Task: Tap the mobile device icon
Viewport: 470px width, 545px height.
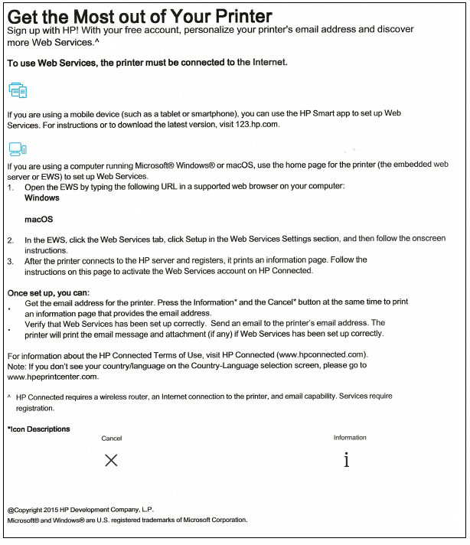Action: click(x=18, y=91)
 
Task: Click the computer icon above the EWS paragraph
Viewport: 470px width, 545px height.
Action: click(x=17, y=148)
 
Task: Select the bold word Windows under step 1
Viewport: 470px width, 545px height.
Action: click(x=42, y=197)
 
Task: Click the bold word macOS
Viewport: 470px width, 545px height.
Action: click(x=38, y=220)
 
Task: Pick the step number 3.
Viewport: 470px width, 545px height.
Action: click(x=10, y=260)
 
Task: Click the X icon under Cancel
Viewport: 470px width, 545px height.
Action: click(x=111, y=460)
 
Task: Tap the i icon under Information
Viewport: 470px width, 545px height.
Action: click(x=347, y=460)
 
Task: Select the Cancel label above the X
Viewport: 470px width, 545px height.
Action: click(x=112, y=439)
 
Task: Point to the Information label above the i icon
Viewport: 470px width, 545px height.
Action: click(x=350, y=438)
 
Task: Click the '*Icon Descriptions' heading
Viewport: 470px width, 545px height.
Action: click(x=38, y=429)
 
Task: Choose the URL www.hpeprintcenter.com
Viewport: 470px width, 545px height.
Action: click(x=53, y=377)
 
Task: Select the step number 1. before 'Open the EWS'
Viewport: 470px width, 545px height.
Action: click(x=10, y=187)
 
